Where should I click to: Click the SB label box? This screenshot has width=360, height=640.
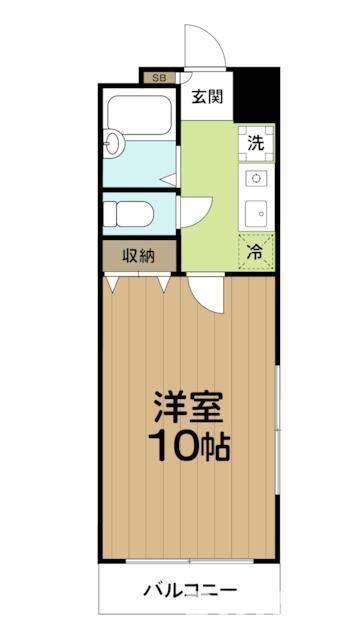click(158, 75)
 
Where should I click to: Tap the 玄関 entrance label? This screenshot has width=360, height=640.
click(207, 98)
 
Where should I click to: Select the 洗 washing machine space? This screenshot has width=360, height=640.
click(256, 142)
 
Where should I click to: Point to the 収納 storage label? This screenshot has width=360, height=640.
click(139, 255)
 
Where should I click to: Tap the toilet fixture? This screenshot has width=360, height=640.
click(129, 214)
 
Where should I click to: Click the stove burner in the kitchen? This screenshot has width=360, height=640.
click(256, 179)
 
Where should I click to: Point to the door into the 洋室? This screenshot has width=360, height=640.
click(204, 292)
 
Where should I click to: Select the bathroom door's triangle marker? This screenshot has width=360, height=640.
click(170, 180)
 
